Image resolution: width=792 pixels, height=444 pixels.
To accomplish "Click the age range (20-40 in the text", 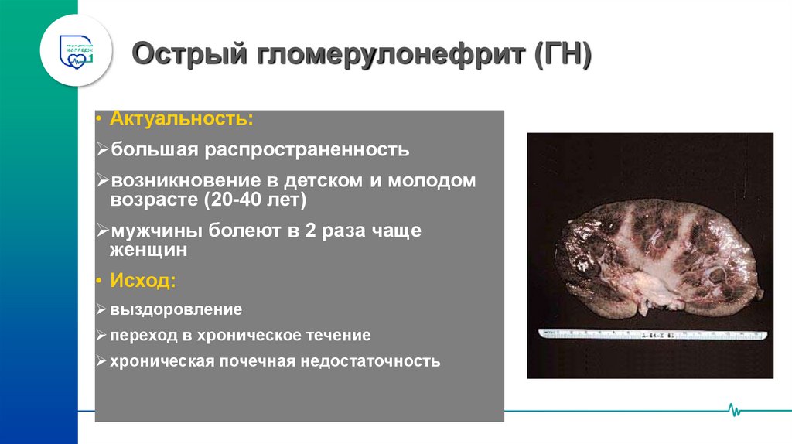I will tap(227, 200).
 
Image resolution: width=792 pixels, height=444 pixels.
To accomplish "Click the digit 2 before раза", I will tap(316, 231).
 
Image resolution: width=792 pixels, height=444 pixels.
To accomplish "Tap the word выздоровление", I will tap(176, 309).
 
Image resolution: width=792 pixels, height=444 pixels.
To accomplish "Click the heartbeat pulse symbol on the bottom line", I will tap(735, 409).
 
